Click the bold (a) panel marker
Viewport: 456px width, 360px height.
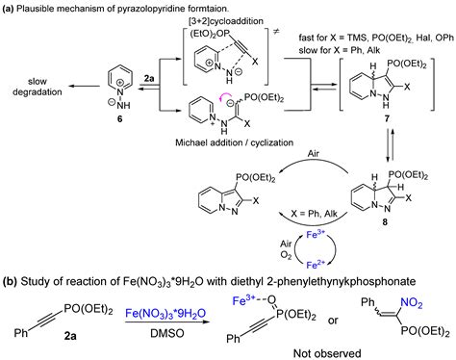pos(11,8)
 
